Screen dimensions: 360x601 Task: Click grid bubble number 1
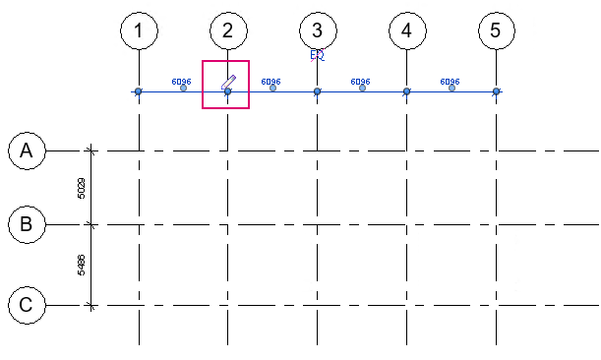tap(139, 31)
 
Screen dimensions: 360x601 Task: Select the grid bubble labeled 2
tap(227, 31)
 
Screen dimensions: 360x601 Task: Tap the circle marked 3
tap(317, 31)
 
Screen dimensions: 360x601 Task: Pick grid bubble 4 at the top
tap(406, 31)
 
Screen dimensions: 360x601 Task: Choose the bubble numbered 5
tap(496, 31)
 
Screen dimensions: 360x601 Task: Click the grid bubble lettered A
tap(27, 151)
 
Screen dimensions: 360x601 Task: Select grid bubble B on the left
tap(27, 224)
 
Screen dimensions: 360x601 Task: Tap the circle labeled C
tap(27, 305)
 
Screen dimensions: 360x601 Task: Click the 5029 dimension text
tap(81, 188)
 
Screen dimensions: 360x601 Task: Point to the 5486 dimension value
tap(81, 265)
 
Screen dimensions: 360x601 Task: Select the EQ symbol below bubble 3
tap(317, 56)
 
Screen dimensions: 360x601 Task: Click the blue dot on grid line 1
tap(139, 91)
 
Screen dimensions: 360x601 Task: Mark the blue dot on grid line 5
tap(496, 91)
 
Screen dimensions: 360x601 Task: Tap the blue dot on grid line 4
tap(406, 91)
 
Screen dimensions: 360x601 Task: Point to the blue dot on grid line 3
tap(317, 91)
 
